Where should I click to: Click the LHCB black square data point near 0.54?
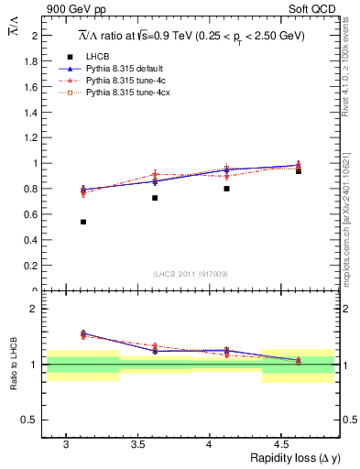coord(83,222)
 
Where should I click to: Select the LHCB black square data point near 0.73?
coord(155,198)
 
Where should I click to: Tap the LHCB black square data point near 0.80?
coord(226,189)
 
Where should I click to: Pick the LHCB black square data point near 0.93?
coord(298,171)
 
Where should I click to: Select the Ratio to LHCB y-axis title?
coord(15,365)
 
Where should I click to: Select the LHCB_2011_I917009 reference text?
coord(191,274)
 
